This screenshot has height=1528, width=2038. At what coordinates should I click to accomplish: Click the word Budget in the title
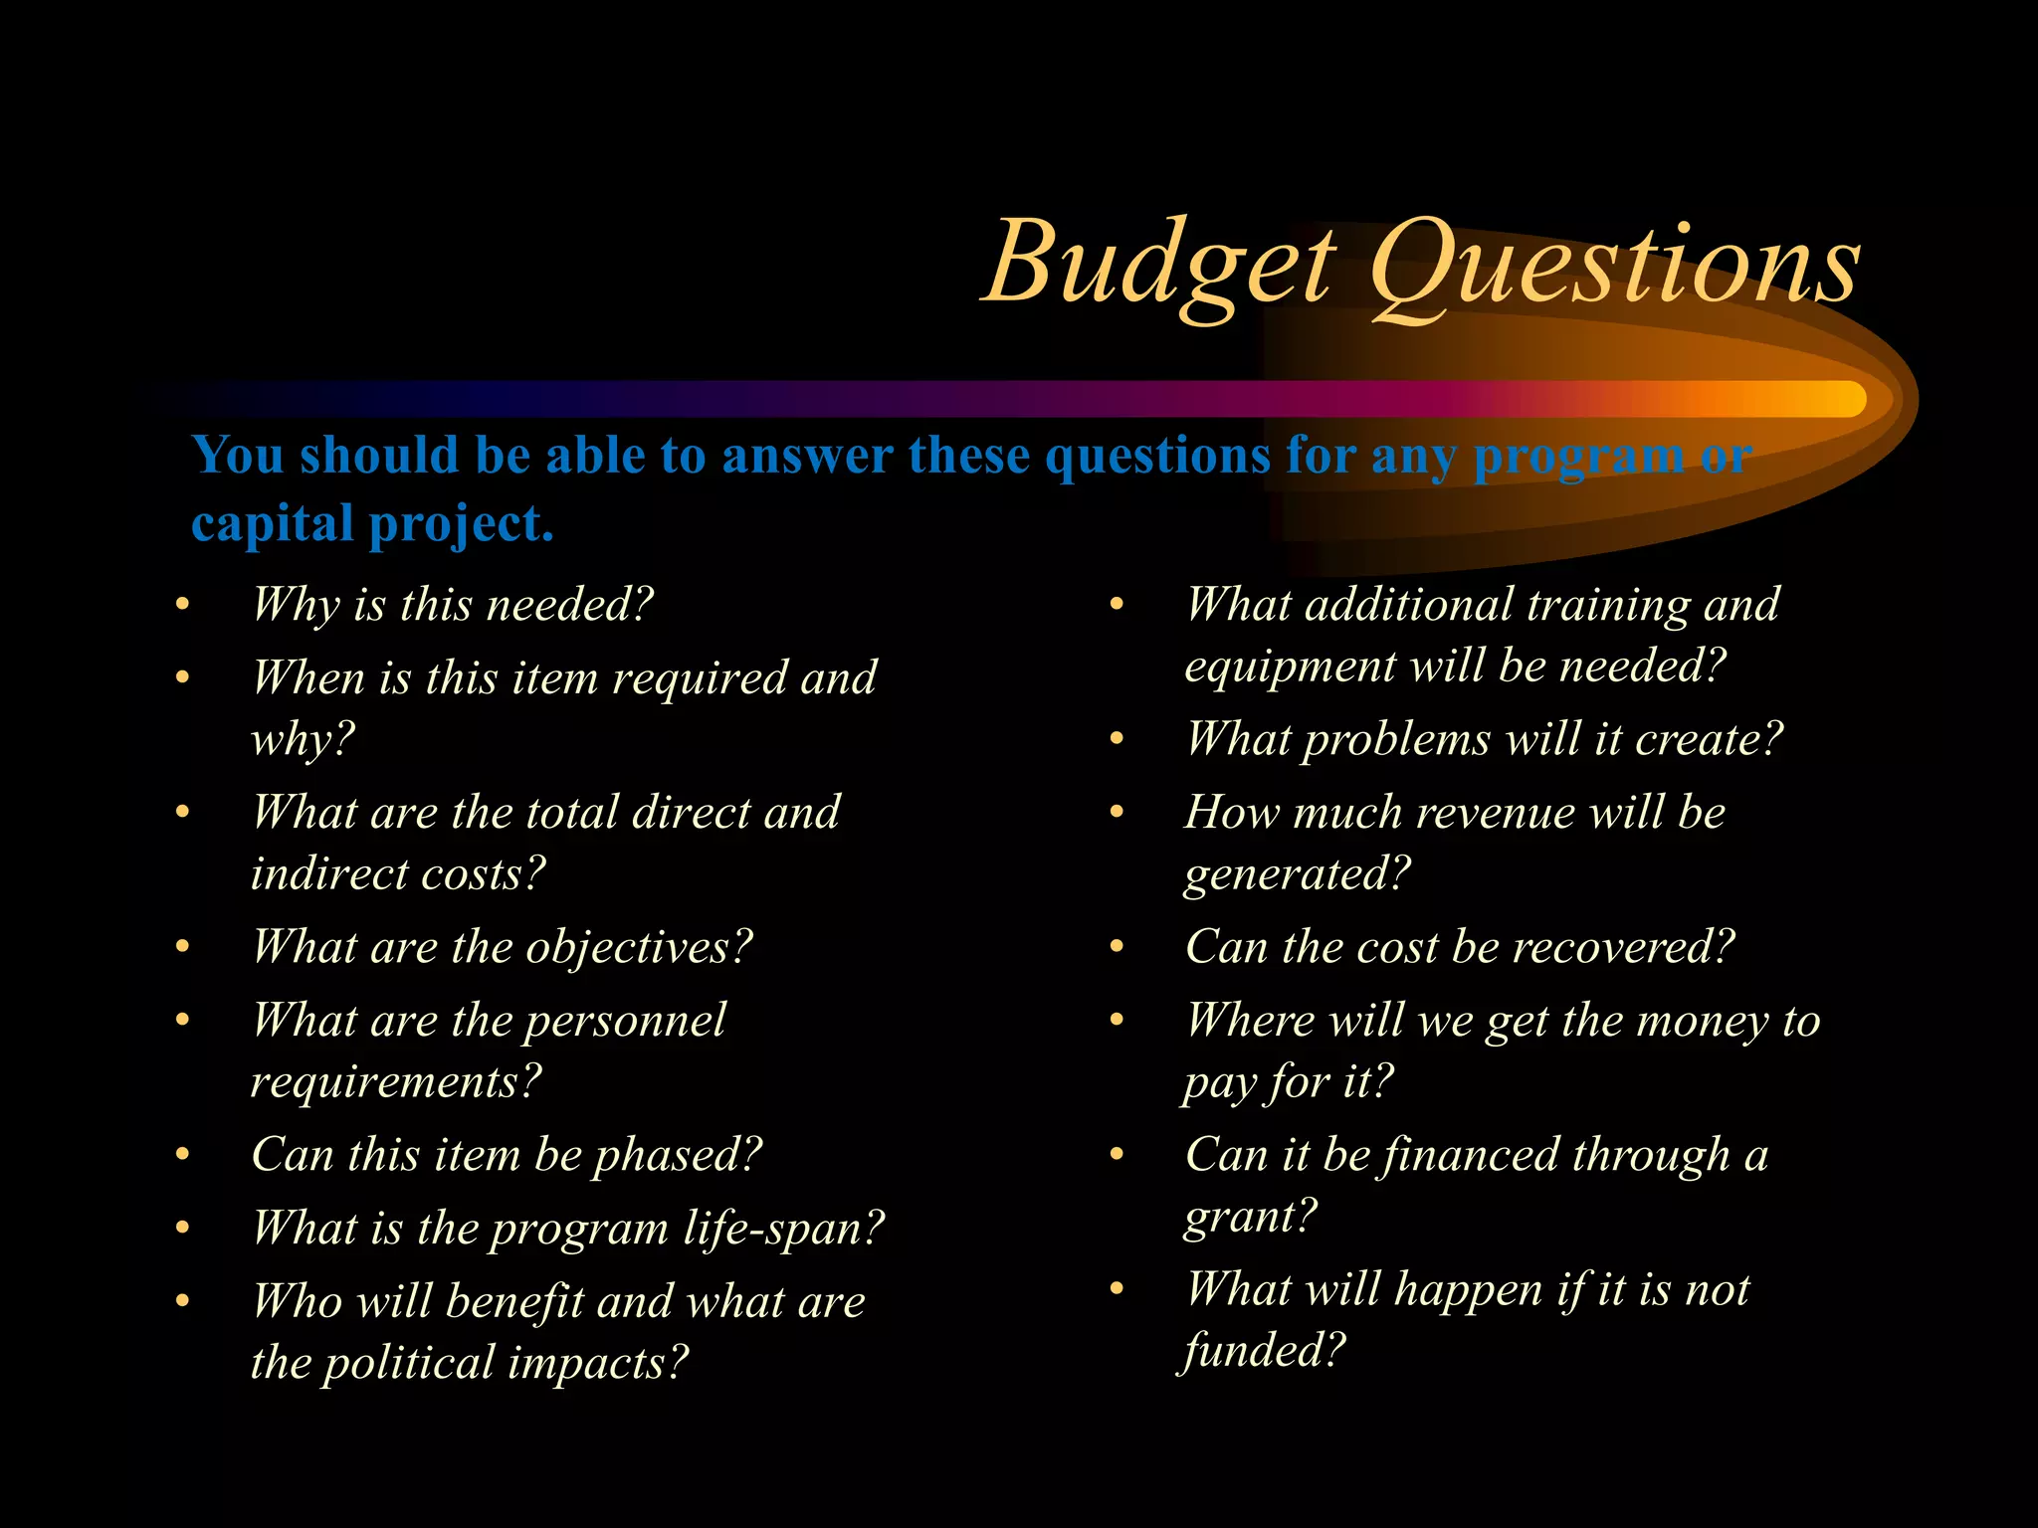1159,264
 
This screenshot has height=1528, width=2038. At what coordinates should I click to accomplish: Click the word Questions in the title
1612,264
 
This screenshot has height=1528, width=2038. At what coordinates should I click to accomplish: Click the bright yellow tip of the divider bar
1846,399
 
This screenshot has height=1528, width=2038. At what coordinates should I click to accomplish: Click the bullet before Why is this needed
182,605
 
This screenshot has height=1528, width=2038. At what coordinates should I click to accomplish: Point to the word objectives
637,947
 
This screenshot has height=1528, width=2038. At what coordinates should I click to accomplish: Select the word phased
677,1156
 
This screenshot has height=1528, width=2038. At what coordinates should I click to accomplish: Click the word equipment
1290,667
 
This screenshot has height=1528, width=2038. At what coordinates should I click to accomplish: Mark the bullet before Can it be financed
1117,1155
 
